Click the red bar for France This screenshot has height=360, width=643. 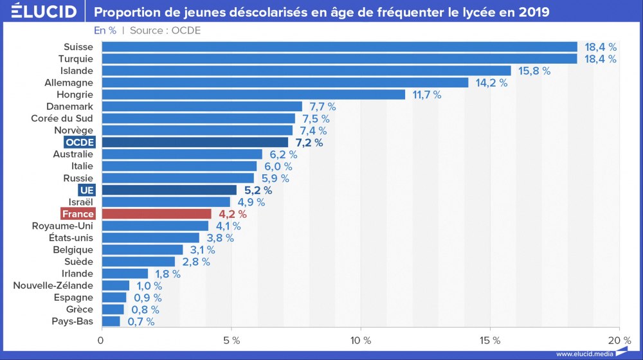click(156, 214)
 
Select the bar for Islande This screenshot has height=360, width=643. click(306, 71)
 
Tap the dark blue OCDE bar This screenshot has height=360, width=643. click(195, 142)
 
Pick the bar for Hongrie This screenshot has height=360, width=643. click(253, 94)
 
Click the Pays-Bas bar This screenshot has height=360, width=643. click(111, 321)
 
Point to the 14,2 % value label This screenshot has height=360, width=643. click(491, 83)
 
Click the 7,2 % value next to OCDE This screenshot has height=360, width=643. click(309, 143)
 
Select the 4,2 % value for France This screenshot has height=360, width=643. click(232, 214)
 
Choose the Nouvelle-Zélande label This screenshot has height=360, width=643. click(53, 285)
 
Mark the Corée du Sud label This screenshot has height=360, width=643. click(62, 118)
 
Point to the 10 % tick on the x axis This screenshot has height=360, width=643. click(360, 339)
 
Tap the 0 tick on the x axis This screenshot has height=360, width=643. click(101, 339)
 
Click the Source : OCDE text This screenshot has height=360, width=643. click(165, 30)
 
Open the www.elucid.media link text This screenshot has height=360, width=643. click(584, 354)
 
